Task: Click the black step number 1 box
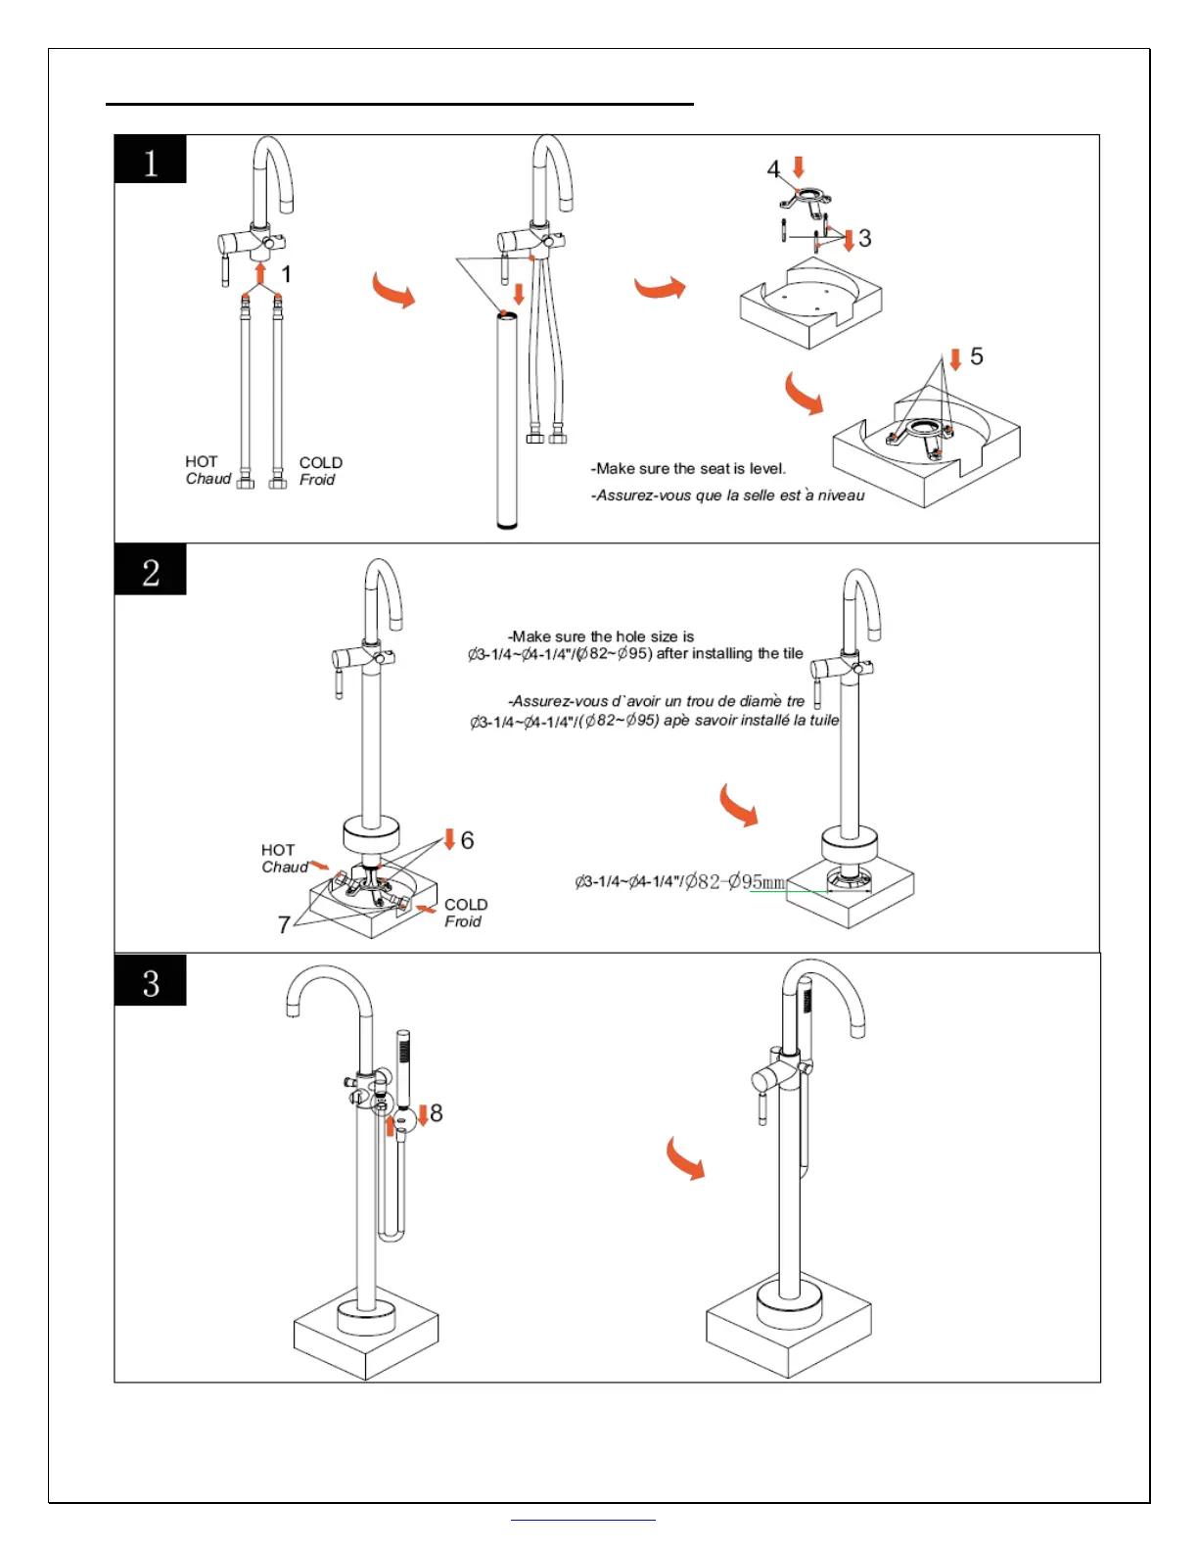[x=150, y=160]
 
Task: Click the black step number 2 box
[x=150, y=570]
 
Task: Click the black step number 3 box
[x=150, y=981]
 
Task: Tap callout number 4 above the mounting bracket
[x=773, y=169]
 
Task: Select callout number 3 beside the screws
[x=865, y=238]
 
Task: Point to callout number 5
[x=976, y=356]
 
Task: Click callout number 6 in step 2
[x=467, y=840]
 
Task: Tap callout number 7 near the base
[x=284, y=924]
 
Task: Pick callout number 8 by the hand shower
[x=437, y=1112]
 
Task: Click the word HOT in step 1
[x=202, y=461]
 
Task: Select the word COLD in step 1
[x=321, y=462]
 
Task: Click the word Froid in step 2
[x=463, y=921]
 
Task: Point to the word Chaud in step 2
[x=284, y=867]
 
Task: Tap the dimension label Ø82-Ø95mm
[x=735, y=881]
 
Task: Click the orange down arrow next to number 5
[x=955, y=358]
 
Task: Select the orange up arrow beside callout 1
[x=260, y=271]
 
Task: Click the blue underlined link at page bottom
[x=583, y=1520]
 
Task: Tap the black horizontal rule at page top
[x=399, y=103]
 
